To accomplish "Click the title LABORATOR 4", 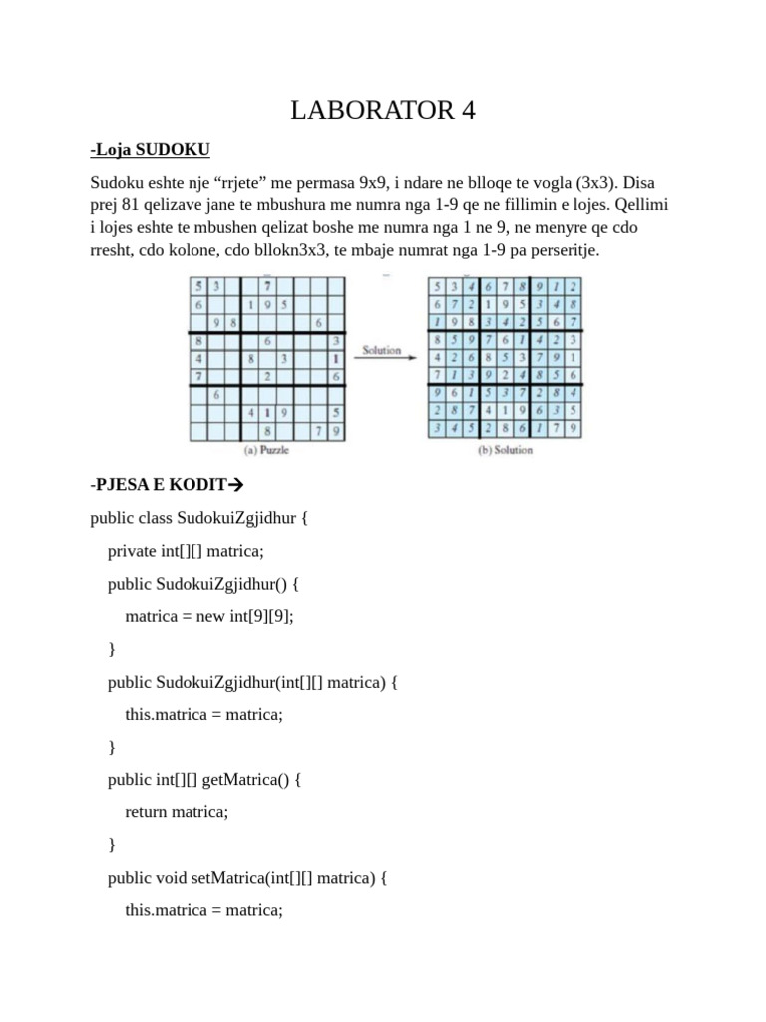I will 383,111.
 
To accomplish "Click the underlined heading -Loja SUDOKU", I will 150,150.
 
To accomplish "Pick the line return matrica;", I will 178,811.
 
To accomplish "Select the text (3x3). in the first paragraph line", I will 594,184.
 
